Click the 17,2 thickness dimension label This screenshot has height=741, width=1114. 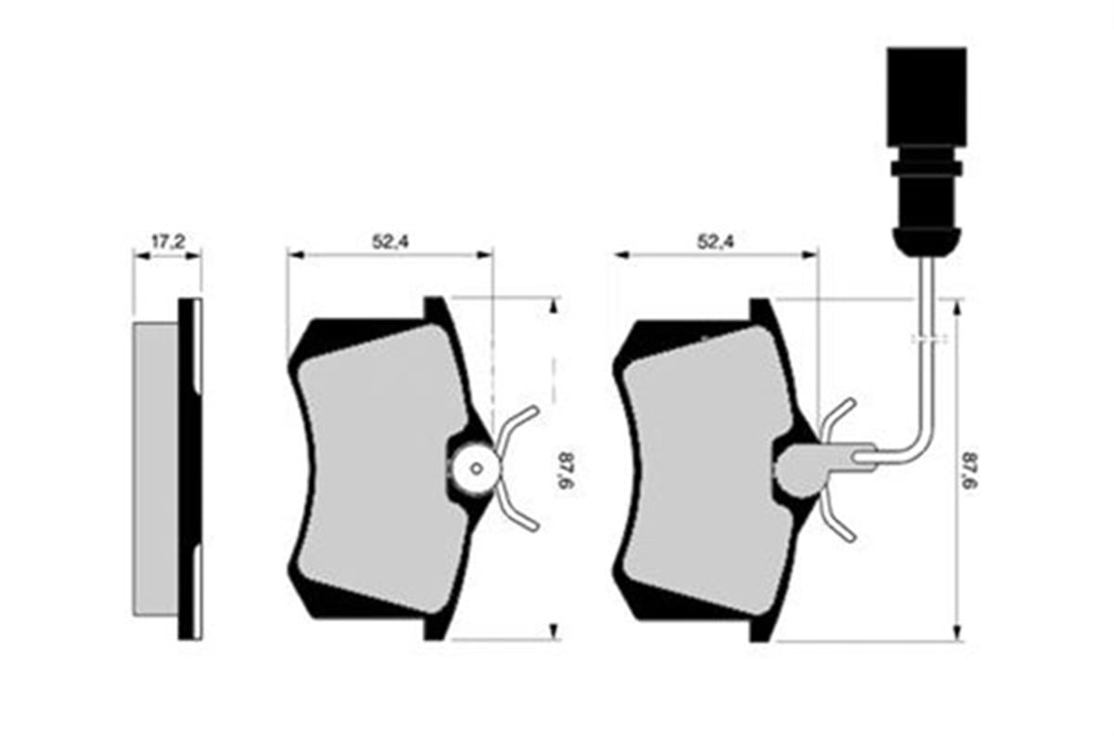pyautogui.click(x=168, y=242)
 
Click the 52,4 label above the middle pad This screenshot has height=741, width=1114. pyautogui.click(x=391, y=241)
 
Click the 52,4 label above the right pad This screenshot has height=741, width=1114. pyautogui.click(x=716, y=242)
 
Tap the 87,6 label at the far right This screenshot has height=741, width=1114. pyautogui.click(x=969, y=471)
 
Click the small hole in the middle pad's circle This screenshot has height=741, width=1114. pyautogui.click(x=476, y=469)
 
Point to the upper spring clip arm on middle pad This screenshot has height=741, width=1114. pyautogui.click(x=517, y=425)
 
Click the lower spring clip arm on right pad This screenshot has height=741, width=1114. pyautogui.click(x=836, y=517)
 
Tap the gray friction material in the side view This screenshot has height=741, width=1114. pyautogui.click(x=155, y=470)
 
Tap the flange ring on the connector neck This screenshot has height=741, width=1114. pyautogui.click(x=926, y=169)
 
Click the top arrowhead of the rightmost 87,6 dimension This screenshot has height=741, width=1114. pyautogui.click(x=956, y=308)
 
